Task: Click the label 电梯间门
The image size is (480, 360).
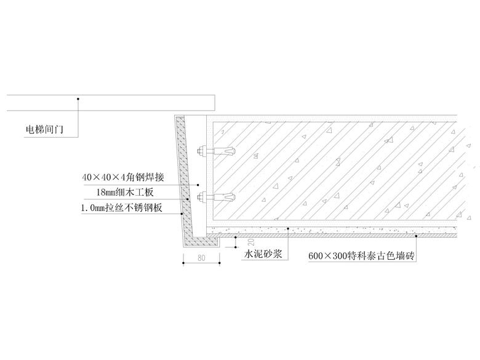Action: point(45,129)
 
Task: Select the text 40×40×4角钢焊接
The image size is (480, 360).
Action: point(123,177)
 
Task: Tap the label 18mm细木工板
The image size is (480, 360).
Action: point(125,192)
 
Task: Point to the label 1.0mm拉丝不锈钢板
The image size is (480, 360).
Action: point(121,208)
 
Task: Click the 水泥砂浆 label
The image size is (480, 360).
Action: point(263,254)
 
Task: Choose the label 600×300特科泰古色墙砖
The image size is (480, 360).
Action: point(361,255)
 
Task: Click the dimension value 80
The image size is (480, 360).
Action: point(201,258)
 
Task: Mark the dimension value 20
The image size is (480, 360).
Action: point(250,242)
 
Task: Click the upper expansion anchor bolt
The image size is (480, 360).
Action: point(217,151)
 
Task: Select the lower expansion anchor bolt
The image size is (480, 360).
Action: point(217,197)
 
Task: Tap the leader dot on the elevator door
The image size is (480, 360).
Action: point(78,99)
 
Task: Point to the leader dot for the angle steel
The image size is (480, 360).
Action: point(198,185)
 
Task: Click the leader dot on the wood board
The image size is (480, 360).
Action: point(188,199)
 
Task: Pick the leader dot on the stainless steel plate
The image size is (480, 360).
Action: point(182,214)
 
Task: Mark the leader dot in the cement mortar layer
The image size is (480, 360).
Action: point(288,228)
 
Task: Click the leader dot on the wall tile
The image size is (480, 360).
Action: point(416,236)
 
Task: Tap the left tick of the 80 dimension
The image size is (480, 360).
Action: point(183,263)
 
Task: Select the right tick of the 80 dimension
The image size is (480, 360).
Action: point(220,263)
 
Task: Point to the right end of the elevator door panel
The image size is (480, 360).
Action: point(215,103)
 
